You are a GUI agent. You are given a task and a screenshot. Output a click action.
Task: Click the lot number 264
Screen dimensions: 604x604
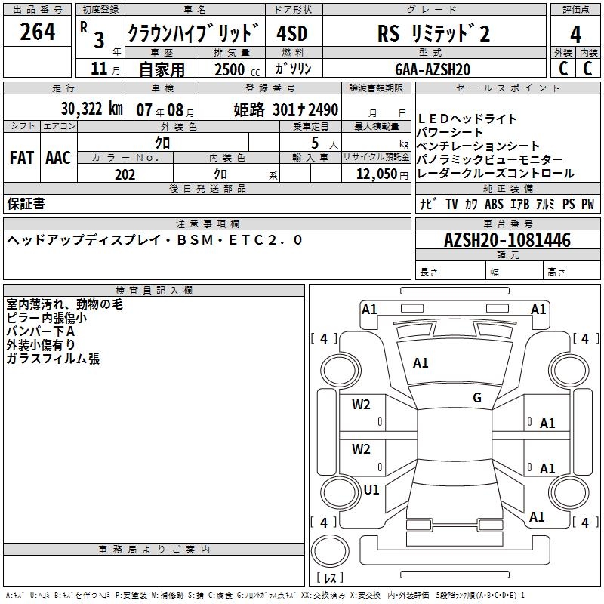[x=37, y=32]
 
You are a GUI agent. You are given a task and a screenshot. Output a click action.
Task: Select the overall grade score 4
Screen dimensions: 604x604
[x=575, y=34]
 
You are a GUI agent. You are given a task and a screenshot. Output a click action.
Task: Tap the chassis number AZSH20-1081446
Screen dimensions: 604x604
[x=507, y=241]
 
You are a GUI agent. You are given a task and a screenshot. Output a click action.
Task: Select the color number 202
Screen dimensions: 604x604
[x=125, y=174]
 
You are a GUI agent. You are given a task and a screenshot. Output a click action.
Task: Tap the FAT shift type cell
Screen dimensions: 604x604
[x=22, y=157]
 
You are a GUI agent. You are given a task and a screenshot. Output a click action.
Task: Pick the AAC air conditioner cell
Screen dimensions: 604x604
[x=57, y=157]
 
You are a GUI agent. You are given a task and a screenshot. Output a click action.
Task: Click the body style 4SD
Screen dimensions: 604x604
[x=291, y=34]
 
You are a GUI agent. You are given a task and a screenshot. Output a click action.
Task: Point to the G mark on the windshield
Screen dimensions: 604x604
[x=476, y=398]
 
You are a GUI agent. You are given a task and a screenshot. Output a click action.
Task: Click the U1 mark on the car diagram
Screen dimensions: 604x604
[x=371, y=489]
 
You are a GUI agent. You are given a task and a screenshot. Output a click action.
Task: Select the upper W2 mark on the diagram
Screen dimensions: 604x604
[x=361, y=404]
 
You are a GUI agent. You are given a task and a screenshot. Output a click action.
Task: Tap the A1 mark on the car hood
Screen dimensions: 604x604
[x=421, y=363]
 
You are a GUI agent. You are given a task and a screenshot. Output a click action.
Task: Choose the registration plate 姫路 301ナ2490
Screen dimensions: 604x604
[x=285, y=109]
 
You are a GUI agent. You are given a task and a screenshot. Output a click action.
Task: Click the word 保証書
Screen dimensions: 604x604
[x=26, y=203]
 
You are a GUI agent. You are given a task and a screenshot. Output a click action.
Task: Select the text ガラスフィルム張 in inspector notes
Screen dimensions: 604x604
[x=53, y=359]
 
